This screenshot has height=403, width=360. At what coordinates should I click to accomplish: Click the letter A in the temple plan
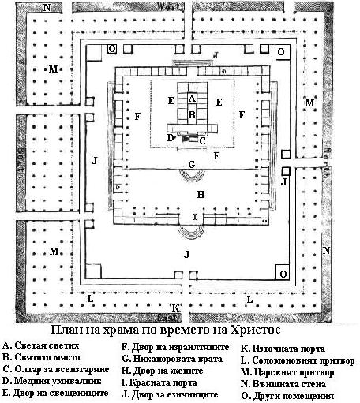[x=192, y=99]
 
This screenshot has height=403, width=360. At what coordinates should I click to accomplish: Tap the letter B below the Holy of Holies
[x=192, y=115]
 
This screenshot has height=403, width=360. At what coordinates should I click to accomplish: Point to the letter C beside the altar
[x=202, y=141]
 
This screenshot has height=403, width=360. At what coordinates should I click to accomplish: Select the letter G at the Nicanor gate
[x=192, y=165]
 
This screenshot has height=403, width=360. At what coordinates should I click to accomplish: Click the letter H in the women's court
[x=201, y=195]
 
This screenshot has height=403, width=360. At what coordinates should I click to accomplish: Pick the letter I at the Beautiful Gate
[x=195, y=217]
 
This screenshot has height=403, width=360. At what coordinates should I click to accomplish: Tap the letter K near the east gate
[x=175, y=308]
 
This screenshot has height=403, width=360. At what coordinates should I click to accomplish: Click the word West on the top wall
[x=169, y=6]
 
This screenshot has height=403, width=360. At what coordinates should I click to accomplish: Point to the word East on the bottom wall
[x=167, y=318]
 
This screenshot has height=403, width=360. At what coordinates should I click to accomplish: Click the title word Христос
[x=255, y=330]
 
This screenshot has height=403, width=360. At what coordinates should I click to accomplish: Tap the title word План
[x=66, y=330]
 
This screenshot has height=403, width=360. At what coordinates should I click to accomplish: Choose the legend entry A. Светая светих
[x=41, y=345]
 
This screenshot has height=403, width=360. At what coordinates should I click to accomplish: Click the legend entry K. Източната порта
[x=283, y=349]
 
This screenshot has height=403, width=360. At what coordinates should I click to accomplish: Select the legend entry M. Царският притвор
[x=287, y=372]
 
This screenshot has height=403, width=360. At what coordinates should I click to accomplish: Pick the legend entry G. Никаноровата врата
[x=172, y=359]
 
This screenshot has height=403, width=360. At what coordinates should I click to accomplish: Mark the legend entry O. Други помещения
[x=287, y=396]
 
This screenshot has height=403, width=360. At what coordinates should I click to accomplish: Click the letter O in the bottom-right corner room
[x=283, y=274]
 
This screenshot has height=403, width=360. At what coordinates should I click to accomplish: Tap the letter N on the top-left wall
[x=47, y=8]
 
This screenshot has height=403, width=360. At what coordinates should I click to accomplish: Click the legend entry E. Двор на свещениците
[x=55, y=393]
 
